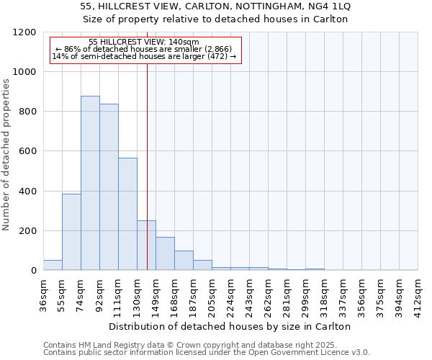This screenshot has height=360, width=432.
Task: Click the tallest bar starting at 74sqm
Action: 90,183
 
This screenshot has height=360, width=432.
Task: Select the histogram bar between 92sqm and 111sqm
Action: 109,187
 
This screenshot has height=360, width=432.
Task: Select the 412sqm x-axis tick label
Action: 418,294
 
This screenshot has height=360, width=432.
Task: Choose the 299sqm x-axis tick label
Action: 306,294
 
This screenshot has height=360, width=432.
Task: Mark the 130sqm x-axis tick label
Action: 138,294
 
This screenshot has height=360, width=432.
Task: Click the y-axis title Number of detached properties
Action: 7,155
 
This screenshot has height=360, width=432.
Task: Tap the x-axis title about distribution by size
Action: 230,326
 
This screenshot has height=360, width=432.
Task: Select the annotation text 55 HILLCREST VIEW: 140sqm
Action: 144,42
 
